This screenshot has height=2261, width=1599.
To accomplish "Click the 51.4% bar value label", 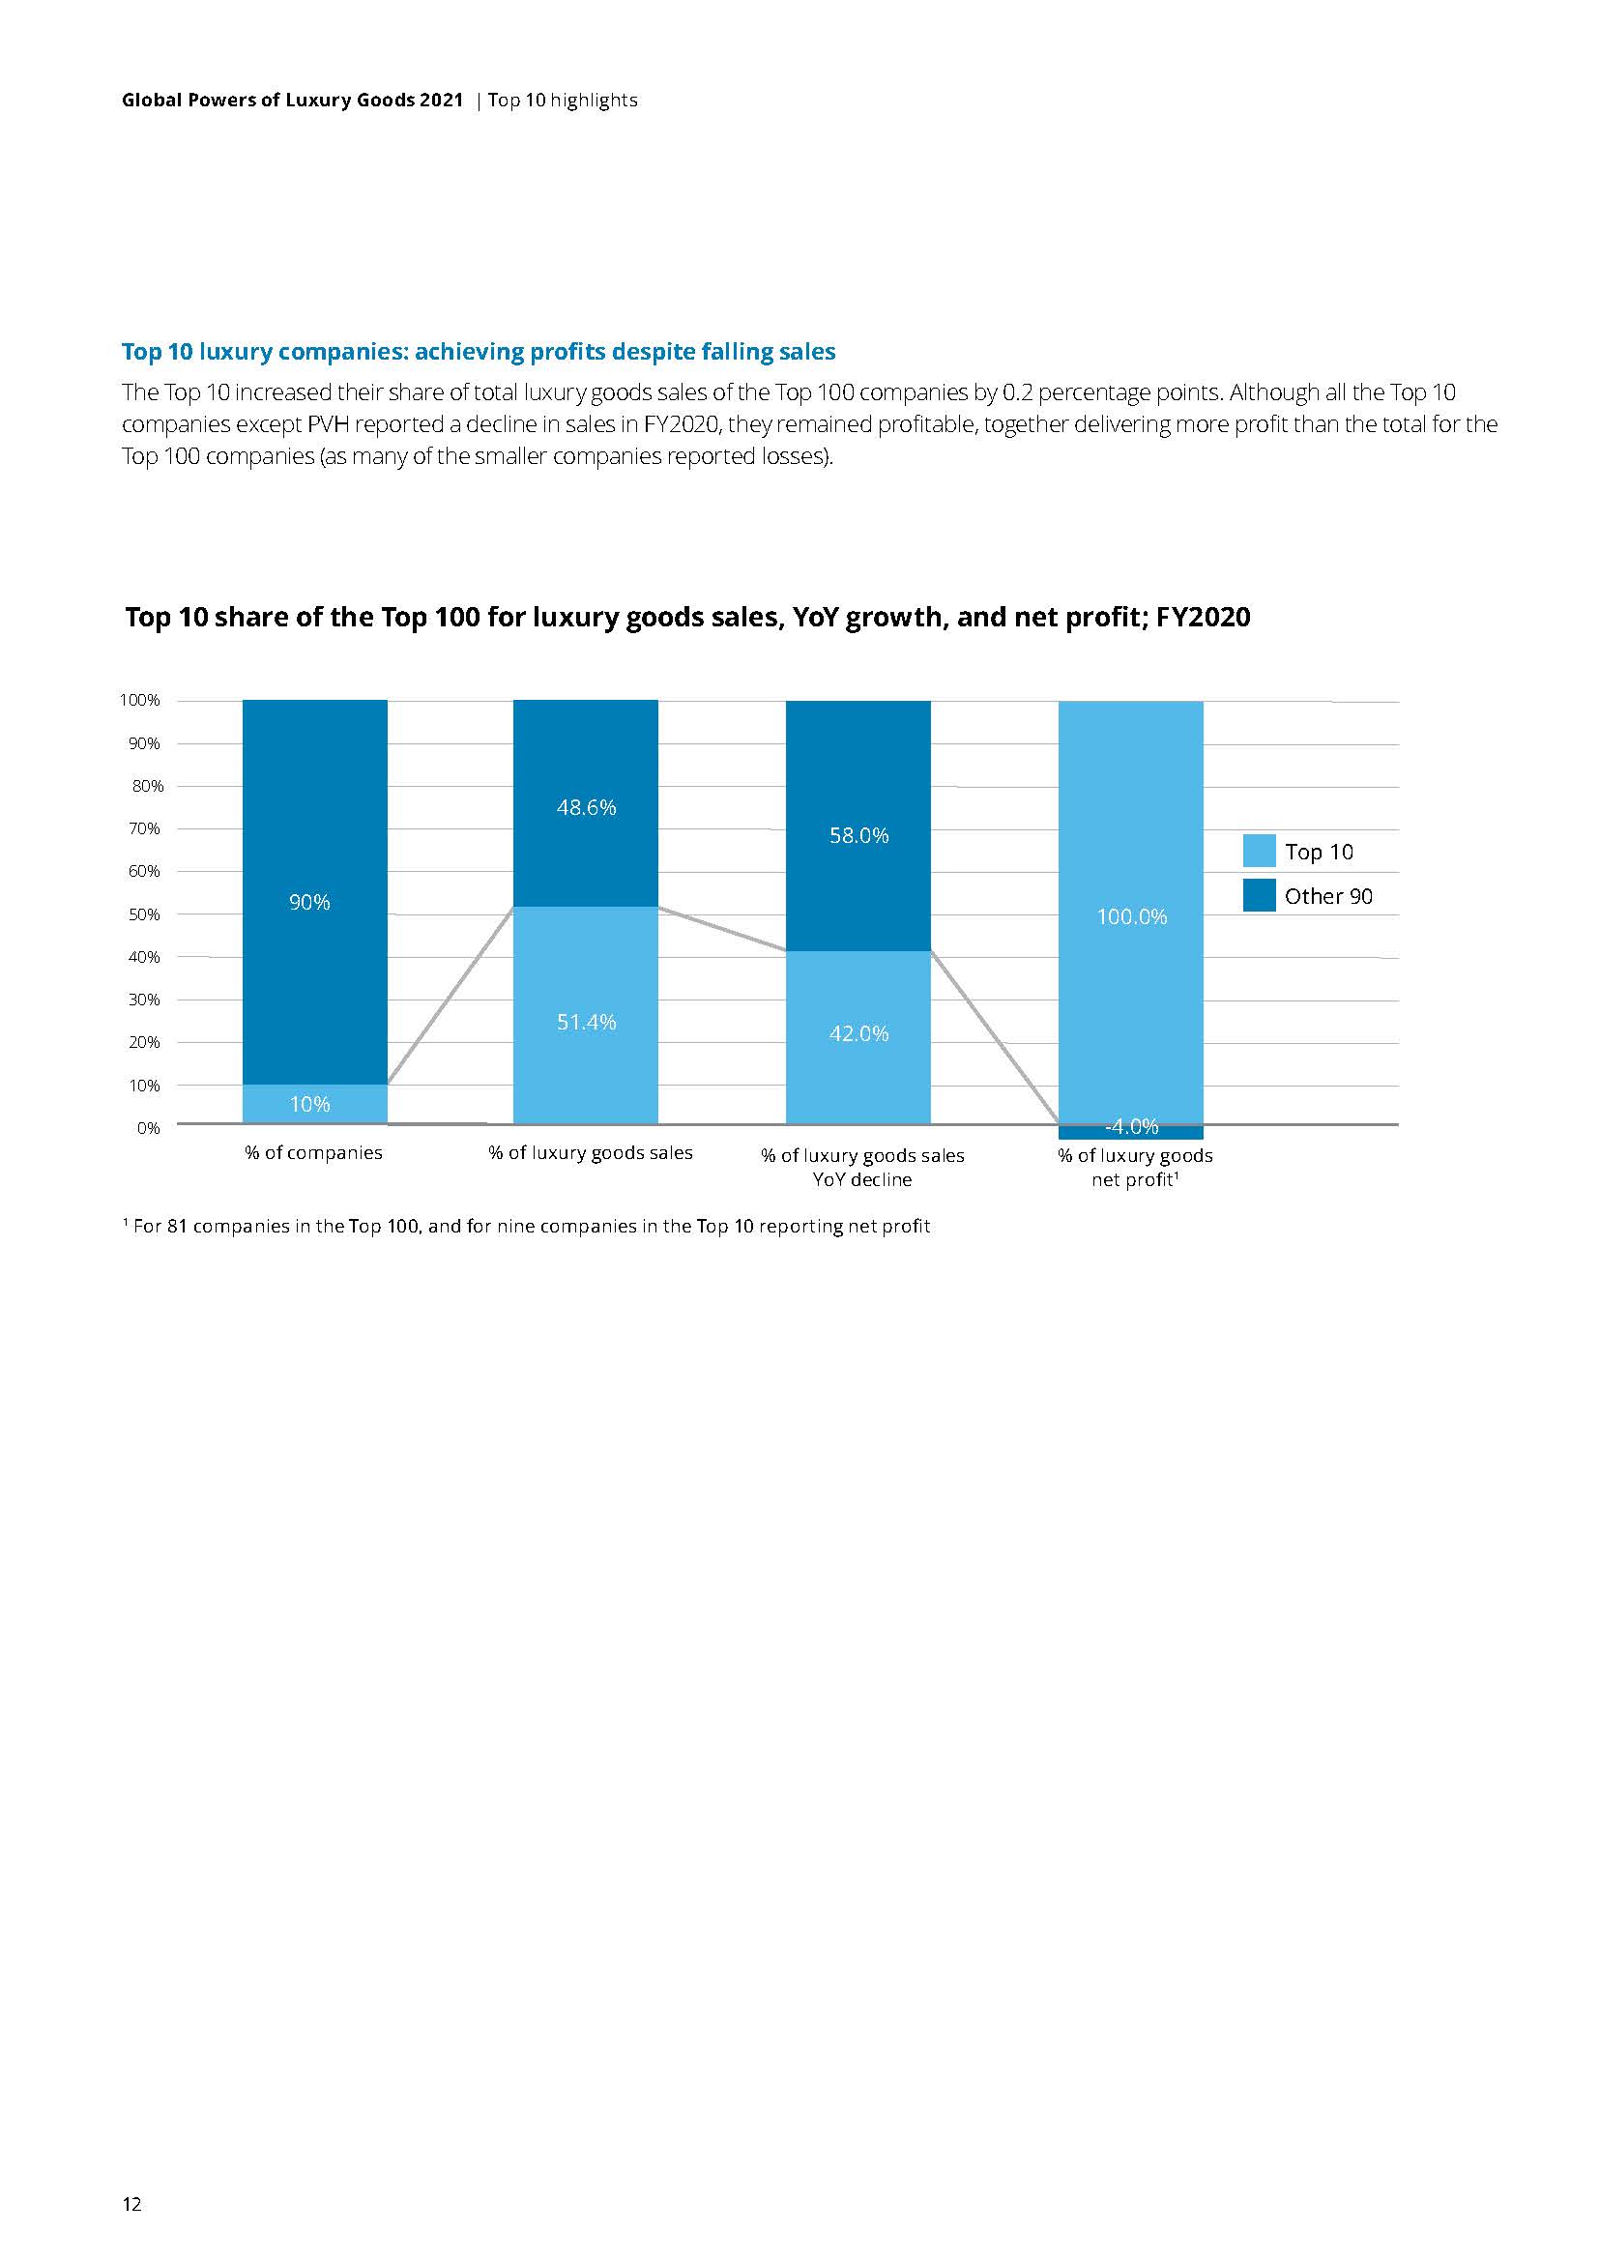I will tap(586, 1022).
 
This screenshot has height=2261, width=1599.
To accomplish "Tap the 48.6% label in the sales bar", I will tap(586, 807).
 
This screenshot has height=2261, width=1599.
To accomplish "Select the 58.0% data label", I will tap(858, 835).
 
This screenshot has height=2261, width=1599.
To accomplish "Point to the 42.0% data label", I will tap(858, 1033).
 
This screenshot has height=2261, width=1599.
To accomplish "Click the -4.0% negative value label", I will tap(1131, 1126).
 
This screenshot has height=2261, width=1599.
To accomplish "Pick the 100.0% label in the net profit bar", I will tap(1131, 916).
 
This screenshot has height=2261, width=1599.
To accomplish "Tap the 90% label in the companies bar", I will tap(309, 902).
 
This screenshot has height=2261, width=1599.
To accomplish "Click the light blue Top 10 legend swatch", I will tap(1260, 851).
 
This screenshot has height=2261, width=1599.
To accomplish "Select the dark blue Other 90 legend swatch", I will tap(1260, 895).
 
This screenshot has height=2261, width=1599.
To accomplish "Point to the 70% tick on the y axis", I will tap(143, 828).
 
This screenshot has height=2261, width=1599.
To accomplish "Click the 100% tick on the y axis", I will tap(140, 700).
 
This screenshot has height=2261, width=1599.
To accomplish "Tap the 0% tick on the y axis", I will tap(148, 1127).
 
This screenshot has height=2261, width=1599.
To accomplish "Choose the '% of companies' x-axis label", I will tap(313, 1152).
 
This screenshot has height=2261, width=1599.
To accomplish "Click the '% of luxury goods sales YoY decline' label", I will tap(862, 1167).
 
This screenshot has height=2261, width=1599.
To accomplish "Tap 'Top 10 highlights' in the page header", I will tap(563, 101).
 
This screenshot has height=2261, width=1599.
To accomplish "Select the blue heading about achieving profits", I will tap(479, 352).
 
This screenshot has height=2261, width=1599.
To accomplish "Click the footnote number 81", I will tap(177, 1226).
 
